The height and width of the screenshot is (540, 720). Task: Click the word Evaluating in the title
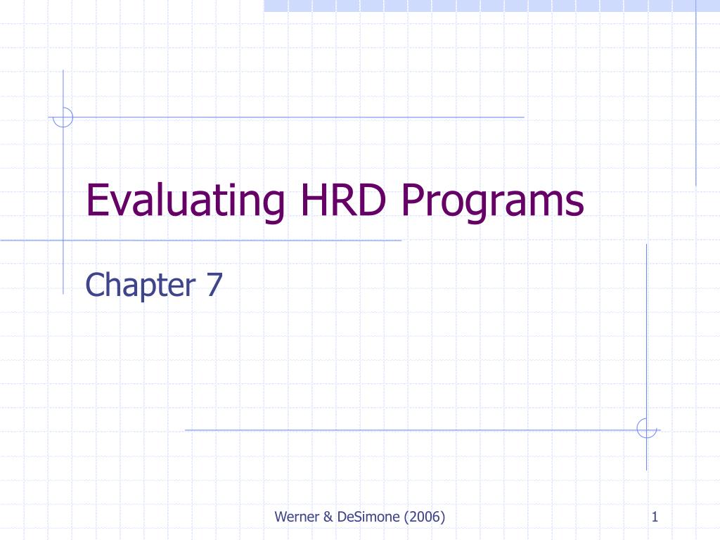pyautogui.click(x=186, y=201)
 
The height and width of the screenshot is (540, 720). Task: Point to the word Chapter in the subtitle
pyautogui.click(x=140, y=285)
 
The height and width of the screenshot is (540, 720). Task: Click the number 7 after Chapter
pyautogui.click(x=214, y=285)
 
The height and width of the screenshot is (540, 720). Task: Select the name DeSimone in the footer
pyautogui.click(x=366, y=518)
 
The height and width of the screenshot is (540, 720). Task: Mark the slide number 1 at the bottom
pyautogui.click(x=655, y=518)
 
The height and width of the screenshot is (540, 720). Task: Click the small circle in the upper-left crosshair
pyautogui.click(x=63, y=117)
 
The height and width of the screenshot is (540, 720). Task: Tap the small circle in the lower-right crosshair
pyautogui.click(x=646, y=428)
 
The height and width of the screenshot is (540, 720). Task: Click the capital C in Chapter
pyautogui.click(x=93, y=285)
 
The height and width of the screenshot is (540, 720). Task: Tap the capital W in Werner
pyautogui.click(x=281, y=518)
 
